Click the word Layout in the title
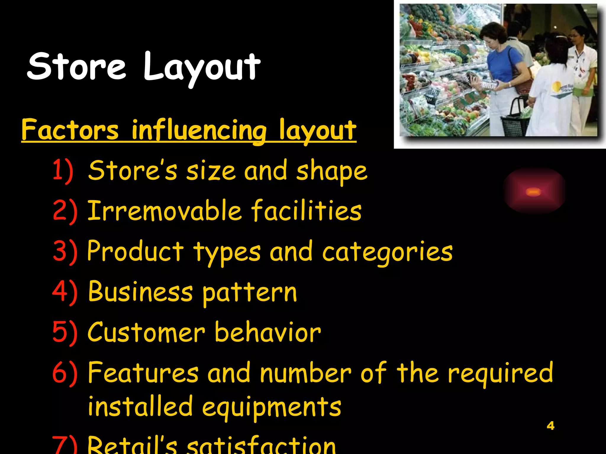[202, 68]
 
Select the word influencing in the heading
[199, 131]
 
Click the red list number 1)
[63, 171]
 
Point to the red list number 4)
[65, 292]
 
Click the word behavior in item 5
[267, 332]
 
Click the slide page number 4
[550, 426]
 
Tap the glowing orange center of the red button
[534, 192]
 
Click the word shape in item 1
[331, 171]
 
